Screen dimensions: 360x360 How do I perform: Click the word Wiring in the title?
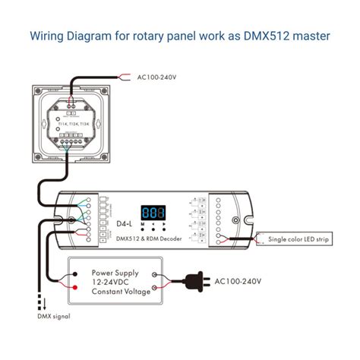[49, 36]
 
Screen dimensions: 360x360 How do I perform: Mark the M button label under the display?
[141, 225]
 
